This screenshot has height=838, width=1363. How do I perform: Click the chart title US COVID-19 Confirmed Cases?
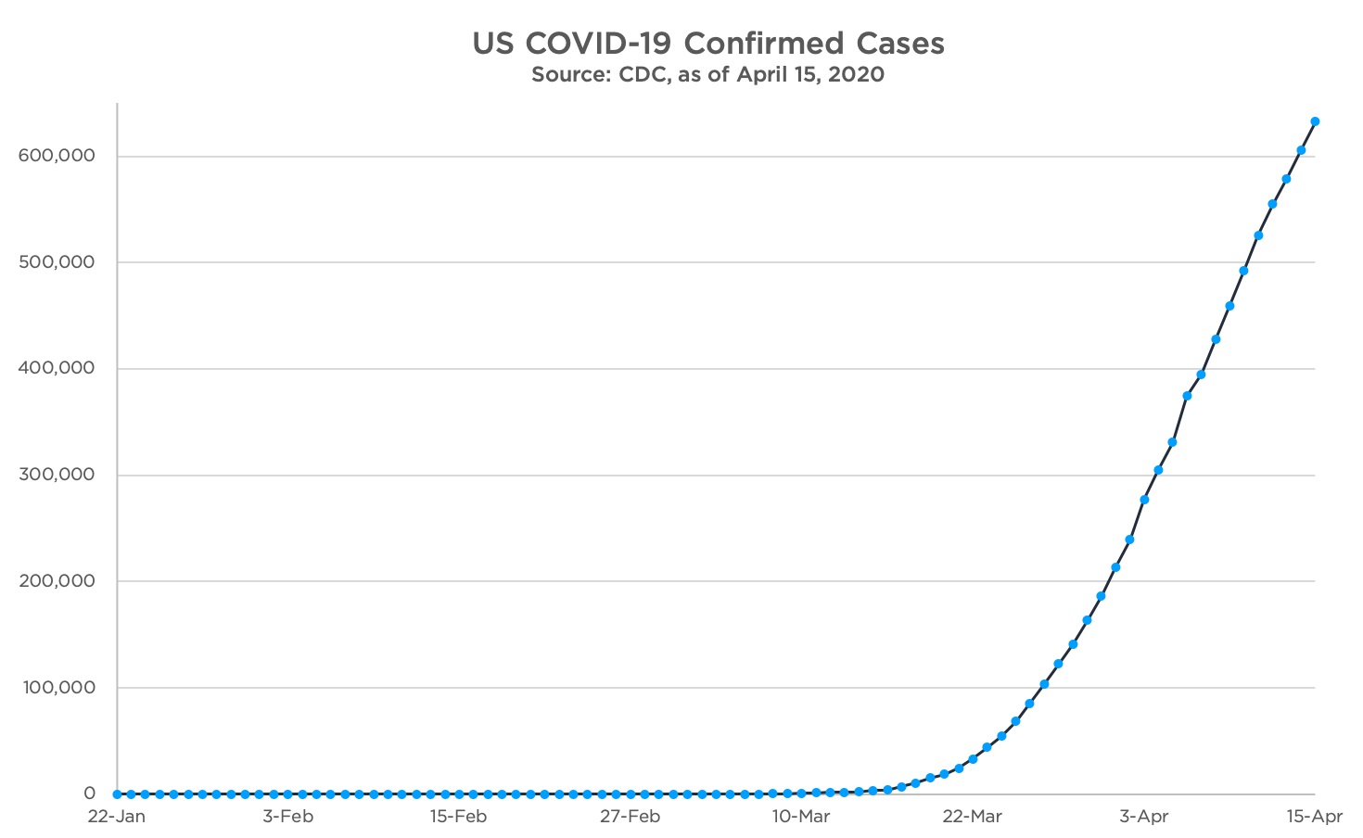(x=708, y=44)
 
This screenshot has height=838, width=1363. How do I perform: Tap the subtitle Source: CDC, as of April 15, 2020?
(x=707, y=75)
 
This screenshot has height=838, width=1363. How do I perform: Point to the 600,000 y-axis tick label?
(x=57, y=156)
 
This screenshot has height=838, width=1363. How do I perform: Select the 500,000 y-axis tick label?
(x=57, y=262)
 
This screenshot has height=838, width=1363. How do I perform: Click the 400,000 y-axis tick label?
(x=57, y=368)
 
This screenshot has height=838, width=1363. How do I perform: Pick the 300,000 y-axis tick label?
(x=57, y=475)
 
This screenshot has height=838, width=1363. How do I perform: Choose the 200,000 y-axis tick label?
(x=57, y=581)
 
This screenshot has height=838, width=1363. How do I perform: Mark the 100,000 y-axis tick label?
(x=57, y=688)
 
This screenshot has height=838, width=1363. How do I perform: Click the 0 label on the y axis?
(x=89, y=794)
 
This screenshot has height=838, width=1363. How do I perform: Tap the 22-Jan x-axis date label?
(x=116, y=817)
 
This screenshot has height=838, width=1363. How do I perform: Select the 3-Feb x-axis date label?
(x=287, y=817)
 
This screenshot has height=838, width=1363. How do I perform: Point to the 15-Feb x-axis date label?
(x=458, y=817)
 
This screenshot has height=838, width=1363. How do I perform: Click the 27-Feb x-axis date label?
(x=630, y=817)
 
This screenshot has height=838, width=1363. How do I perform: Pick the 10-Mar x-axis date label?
(x=801, y=817)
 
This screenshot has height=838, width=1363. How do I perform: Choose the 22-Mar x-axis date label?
(x=973, y=817)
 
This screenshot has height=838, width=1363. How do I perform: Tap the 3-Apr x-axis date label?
(x=1144, y=817)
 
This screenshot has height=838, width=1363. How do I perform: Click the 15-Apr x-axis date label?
(x=1315, y=817)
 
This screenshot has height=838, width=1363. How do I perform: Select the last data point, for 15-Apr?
(x=1315, y=121)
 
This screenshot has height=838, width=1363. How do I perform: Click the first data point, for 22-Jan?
(x=117, y=794)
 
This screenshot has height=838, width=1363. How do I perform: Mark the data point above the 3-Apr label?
(x=1144, y=500)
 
